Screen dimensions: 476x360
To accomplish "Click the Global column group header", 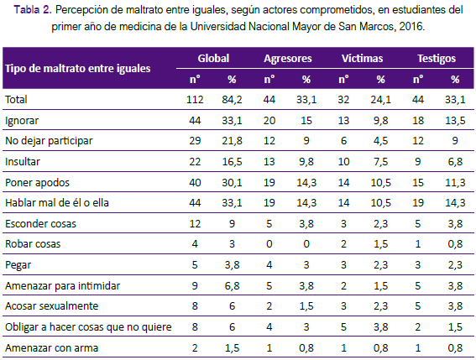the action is pos(213,58).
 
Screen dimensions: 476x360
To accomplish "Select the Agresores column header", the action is pos(288,59).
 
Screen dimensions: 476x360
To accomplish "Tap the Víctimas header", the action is pos(362,58).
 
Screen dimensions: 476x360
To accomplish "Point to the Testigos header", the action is pos(437,59).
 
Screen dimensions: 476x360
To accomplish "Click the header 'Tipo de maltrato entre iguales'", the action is pos(78,69).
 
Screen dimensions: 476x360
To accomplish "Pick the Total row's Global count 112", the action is pos(195,100).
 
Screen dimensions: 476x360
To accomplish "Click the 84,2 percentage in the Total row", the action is pos(232,100).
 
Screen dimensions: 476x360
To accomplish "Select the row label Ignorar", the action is pos(22,121).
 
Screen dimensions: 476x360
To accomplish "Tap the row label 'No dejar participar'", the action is pos(49,141).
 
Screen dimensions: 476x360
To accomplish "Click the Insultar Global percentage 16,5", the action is pos(232,162).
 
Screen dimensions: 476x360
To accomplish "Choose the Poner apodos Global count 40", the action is pos(195,182).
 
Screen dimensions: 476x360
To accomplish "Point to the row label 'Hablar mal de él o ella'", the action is pos(57,203).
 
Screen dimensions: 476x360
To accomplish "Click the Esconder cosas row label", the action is pos(40,224).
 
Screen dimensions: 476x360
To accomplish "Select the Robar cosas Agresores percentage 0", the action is pos(306,244).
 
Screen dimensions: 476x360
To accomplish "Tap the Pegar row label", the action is pos(18,265).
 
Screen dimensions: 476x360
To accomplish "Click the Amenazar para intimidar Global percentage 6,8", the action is pos(232,286).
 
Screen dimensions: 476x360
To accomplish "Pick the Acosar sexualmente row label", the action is pos(52,306).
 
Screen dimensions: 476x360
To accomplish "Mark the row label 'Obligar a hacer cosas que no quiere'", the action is pos(88,327).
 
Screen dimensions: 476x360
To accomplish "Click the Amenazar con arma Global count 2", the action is pos(195,348).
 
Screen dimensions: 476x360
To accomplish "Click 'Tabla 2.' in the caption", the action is pos(33,10).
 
